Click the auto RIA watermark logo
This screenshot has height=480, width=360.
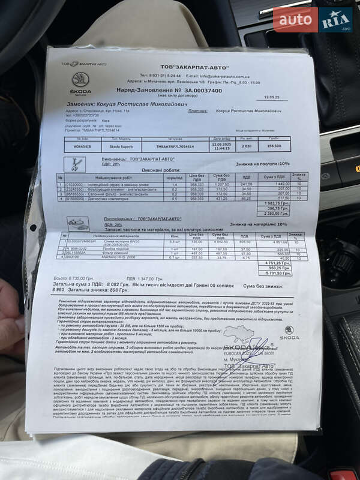point(313,20)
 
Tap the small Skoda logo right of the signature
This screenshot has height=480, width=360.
point(289,333)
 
